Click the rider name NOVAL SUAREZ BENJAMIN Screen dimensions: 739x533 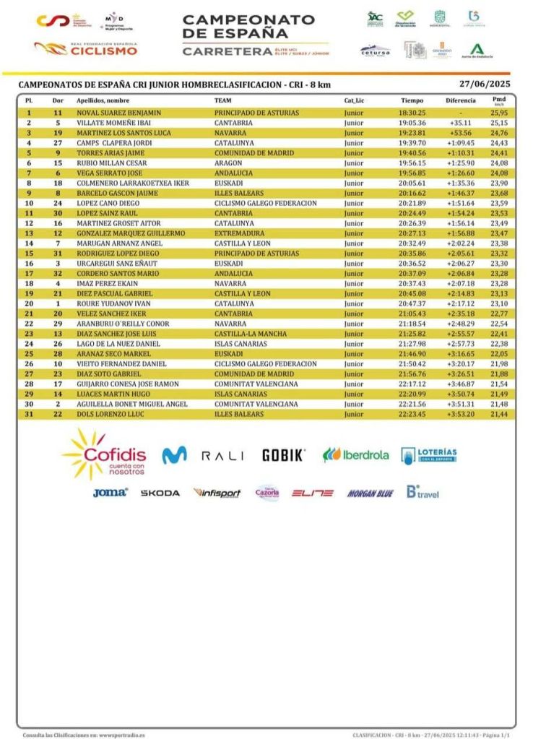click(x=118, y=113)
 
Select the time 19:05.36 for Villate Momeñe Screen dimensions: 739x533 click(x=412, y=124)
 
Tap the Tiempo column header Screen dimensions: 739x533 click(x=412, y=100)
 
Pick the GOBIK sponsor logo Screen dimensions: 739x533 click(x=283, y=455)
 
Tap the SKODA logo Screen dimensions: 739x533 click(x=160, y=493)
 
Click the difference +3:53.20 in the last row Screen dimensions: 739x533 click(x=460, y=414)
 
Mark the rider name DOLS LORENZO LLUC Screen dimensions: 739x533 click(x=109, y=414)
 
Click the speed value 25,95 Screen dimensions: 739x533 click(x=498, y=113)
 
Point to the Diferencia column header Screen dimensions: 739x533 click(x=460, y=100)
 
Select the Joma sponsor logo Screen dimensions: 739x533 click(x=110, y=493)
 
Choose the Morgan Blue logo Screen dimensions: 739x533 click(x=370, y=493)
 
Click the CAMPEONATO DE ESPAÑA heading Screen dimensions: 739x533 click(x=248, y=27)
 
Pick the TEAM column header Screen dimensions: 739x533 click(x=222, y=100)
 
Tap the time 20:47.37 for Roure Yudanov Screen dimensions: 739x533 click(x=412, y=304)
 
